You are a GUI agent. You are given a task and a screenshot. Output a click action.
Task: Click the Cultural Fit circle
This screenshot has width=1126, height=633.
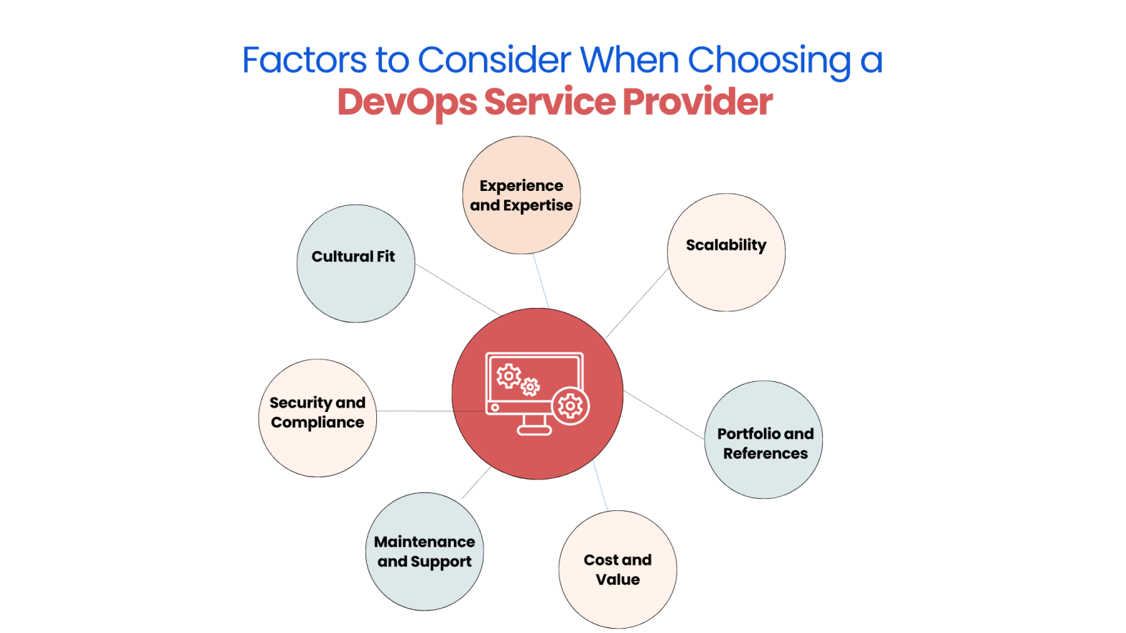[x=355, y=263]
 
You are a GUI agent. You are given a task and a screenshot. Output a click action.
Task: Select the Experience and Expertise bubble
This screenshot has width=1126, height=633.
[x=521, y=195]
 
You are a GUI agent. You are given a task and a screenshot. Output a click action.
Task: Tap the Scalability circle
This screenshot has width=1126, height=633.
[x=726, y=252]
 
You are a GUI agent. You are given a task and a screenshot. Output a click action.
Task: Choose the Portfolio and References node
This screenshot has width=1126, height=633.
[x=764, y=439]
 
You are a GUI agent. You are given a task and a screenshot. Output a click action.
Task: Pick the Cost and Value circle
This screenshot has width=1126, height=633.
[x=618, y=569]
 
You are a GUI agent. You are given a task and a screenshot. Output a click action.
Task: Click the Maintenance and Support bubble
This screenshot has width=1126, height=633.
[x=424, y=551]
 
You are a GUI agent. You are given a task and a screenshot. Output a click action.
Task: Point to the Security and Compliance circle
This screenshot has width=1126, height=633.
[x=317, y=418]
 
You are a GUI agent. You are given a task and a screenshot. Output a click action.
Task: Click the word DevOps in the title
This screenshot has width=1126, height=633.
[x=406, y=102]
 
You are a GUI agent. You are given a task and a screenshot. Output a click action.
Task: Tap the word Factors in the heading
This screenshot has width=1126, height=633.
[x=304, y=60]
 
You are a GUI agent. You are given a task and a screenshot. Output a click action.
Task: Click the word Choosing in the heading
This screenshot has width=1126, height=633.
[x=769, y=60]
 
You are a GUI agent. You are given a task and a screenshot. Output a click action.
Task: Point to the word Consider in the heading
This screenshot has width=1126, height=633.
[x=495, y=60]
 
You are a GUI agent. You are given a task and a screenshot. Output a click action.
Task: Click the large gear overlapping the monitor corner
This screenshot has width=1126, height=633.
[x=571, y=406]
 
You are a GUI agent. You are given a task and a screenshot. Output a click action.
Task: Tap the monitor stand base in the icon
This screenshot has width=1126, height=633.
[x=534, y=430]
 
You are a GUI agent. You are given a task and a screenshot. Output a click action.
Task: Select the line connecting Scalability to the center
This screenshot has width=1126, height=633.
[x=637, y=304]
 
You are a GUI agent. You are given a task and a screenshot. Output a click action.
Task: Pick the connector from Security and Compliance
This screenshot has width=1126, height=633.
[x=414, y=411]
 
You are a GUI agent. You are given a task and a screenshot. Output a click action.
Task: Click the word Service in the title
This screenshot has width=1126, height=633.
[x=549, y=102]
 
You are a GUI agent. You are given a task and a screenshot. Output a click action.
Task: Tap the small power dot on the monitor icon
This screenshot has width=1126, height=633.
[x=495, y=408]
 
